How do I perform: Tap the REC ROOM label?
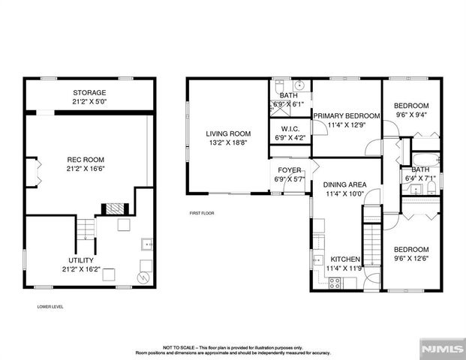(x=85, y=160)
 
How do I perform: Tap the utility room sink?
(x=148, y=244)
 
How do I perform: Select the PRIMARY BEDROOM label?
(x=347, y=115)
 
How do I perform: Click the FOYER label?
(x=290, y=170)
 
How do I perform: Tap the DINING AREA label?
(x=344, y=184)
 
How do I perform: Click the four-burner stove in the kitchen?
(x=335, y=282)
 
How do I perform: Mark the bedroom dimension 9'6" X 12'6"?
(x=411, y=259)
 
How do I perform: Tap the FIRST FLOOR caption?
(x=202, y=213)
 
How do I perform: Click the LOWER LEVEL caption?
(x=50, y=307)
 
